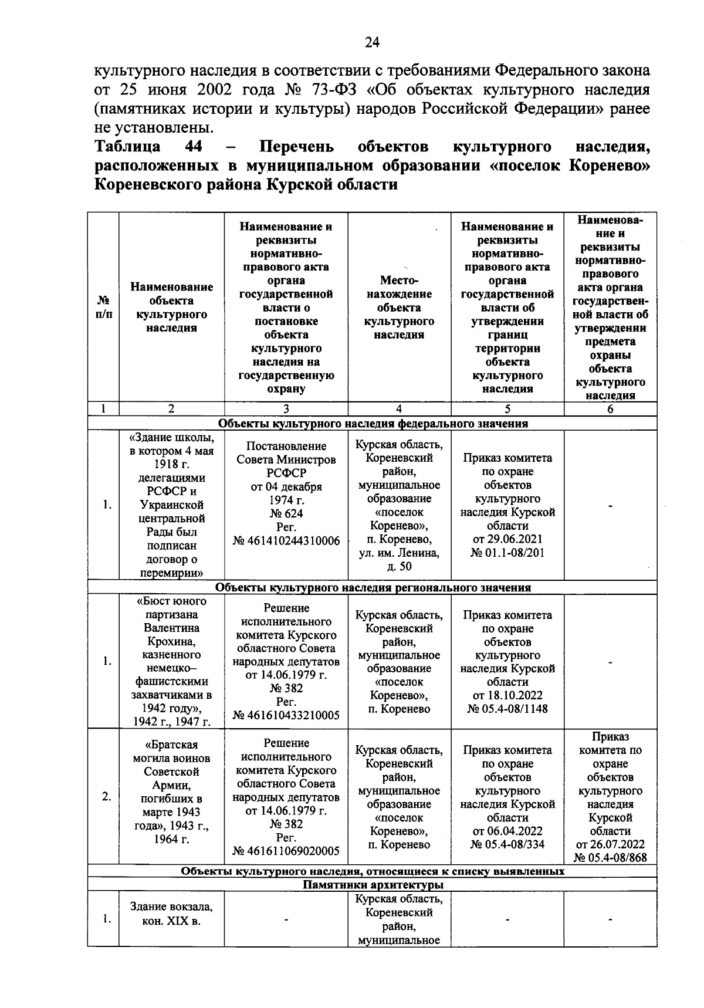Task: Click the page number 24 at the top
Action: (x=372, y=42)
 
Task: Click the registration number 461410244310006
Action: (x=286, y=540)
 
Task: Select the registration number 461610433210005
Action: (x=286, y=715)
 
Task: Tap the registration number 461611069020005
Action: (x=286, y=851)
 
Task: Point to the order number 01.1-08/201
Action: (x=507, y=553)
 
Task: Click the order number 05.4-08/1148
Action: (x=507, y=709)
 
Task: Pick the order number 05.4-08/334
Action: (x=507, y=845)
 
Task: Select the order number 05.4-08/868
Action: (x=610, y=858)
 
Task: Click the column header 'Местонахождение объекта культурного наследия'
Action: (x=399, y=307)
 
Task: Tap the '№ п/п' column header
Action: (x=103, y=307)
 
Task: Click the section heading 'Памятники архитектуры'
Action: (x=373, y=885)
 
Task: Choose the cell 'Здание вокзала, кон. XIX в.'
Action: (x=171, y=914)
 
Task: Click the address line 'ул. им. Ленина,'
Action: (x=399, y=553)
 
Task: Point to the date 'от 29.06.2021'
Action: (x=507, y=539)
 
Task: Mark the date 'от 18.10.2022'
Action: (x=507, y=695)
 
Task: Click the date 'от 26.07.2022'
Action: (x=610, y=844)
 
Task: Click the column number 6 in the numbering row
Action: (x=610, y=409)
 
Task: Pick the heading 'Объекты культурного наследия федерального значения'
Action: (x=373, y=424)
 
